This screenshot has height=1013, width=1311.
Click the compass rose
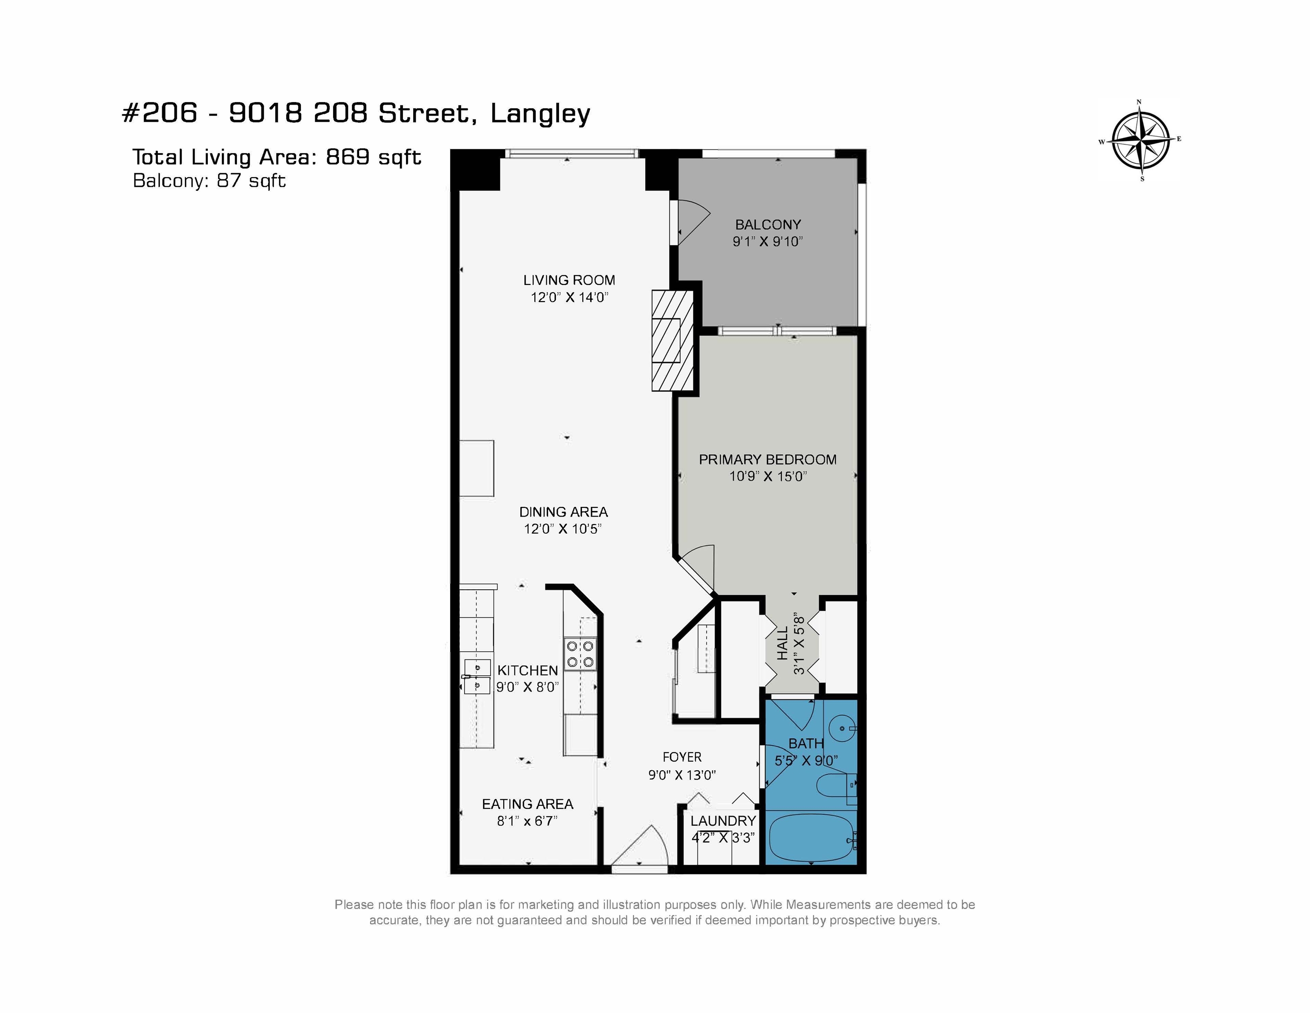click(1140, 140)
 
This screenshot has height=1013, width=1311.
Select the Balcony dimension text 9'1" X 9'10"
click(768, 241)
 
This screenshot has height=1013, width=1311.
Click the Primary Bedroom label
click(768, 459)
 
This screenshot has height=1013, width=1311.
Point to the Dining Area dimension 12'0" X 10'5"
click(563, 529)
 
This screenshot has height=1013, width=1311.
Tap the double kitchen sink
click(478, 676)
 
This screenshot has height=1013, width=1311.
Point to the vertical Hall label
click(783, 644)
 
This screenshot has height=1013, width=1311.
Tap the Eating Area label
click(528, 804)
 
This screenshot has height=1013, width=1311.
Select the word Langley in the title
click(540, 114)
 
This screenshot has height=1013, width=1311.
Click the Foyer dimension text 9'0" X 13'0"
click(682, 775)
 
